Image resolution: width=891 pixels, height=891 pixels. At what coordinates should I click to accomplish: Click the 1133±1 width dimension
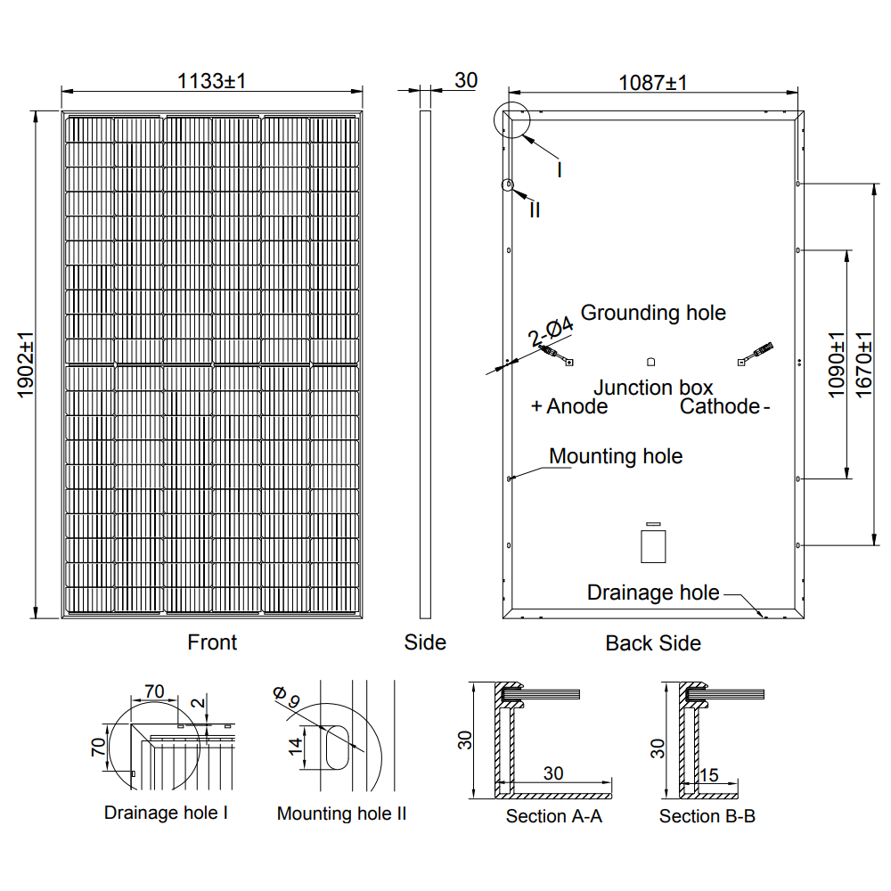pyautogui.click(x=211, y=81)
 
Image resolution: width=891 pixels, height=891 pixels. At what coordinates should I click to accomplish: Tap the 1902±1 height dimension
pyautogui.click(x=24, y=365)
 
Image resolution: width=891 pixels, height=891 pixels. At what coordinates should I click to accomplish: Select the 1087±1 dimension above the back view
pyautogui.click(x=653, y=83)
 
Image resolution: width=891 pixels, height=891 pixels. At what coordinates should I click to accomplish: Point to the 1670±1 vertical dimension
pyautogui.click(x=862, y=365)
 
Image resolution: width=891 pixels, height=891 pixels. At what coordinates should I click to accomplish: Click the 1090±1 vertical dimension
pyautogui.click(x=836, y=365)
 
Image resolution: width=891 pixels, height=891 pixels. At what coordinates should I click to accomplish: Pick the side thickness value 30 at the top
pyautogui.click(x=466, y=80)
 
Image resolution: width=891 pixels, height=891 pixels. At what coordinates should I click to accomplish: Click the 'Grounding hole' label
pyautogui.click(x=653, y=313)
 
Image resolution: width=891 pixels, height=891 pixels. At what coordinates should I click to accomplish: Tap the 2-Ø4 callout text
pyautogui.click(x=549, y=334)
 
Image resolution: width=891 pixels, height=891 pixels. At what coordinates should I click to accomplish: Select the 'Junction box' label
pyautogui.click(x=653, y=388)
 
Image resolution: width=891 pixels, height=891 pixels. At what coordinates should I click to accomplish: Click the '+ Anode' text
pyautogui.click(x=569, y=406)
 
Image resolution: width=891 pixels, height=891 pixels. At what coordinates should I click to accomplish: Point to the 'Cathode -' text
pyautogui.click(x=724, y=406)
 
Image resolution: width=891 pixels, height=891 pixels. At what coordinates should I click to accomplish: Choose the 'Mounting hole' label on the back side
pyautogui.click(x=616, y=456)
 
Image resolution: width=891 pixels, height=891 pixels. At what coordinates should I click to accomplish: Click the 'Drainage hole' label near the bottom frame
pyautogui.click(x=653, y=593)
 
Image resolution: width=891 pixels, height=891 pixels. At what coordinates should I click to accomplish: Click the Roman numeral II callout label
pyautogui.click(x=535, y=211)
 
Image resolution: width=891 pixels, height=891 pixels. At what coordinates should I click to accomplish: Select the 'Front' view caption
pyautogui.click(x=212, y=642)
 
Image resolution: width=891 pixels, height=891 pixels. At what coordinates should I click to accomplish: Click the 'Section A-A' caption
pyautogui.click(x=554, y=815)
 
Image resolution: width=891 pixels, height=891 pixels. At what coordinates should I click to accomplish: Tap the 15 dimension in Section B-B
pyautogui.click(x=708, y=775)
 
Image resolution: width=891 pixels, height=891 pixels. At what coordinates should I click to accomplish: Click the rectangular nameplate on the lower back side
pyautogui.click(x=653, y=545)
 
